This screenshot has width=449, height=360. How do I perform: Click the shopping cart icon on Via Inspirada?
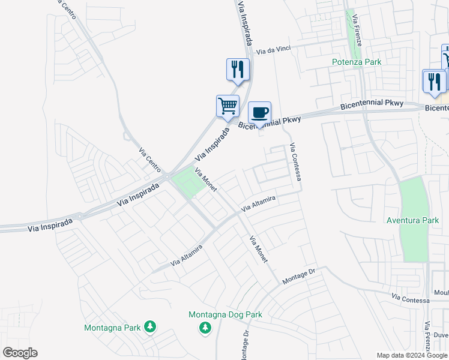[228, 106]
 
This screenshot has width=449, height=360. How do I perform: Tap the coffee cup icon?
[259, 112]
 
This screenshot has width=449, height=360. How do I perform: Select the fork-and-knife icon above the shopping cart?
[238, 69]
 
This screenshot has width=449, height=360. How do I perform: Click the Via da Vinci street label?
[277, 52]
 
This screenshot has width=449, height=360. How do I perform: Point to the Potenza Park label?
[357, 62]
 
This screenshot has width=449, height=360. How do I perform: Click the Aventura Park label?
[413, 220]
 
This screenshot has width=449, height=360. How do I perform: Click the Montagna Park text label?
[112, 328]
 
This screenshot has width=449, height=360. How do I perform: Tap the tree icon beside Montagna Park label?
[150, 327]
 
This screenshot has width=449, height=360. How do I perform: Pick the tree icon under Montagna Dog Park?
[205, 328]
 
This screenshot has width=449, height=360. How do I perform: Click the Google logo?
[20, 353]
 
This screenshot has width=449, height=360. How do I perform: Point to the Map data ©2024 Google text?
[412, 355]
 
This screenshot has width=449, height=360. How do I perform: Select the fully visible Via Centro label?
[150, 158]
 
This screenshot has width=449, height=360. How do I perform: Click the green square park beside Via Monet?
[188, 183]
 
